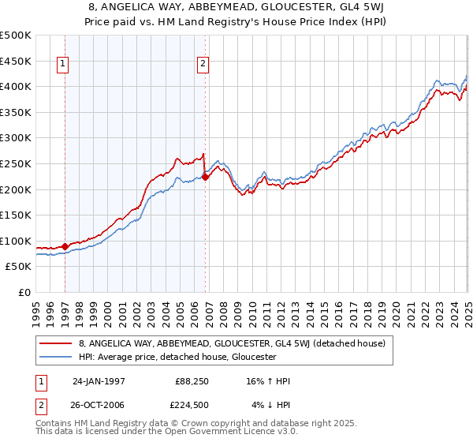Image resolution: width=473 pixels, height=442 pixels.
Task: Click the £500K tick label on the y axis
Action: [x=15, y=36]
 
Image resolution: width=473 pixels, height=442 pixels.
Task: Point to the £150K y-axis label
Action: [x=15, y=215]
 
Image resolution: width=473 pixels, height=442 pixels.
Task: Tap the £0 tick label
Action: [x=24, y=293]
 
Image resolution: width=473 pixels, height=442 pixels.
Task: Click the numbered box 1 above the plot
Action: [x=62, y=65]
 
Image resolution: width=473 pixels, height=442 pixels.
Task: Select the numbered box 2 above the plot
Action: [x=203, y=65]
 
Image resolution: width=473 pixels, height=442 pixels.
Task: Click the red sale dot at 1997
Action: [x=65, y=246]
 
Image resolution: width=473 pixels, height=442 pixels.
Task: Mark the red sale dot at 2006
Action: [x=206, y=177]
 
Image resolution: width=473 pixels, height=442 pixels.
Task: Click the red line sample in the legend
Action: [x=56, y=343]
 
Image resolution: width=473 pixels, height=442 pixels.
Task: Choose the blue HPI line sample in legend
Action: [x=56, y=357]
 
